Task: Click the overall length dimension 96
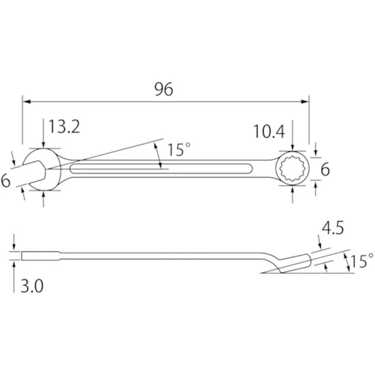164,89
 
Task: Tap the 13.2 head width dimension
64,127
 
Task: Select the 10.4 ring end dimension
269,131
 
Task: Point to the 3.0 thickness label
32,286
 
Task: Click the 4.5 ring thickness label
333,228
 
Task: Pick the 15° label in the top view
179,150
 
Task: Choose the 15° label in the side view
362,261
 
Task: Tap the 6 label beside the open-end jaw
5,180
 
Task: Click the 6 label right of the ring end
325,169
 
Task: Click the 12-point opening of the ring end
292,168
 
